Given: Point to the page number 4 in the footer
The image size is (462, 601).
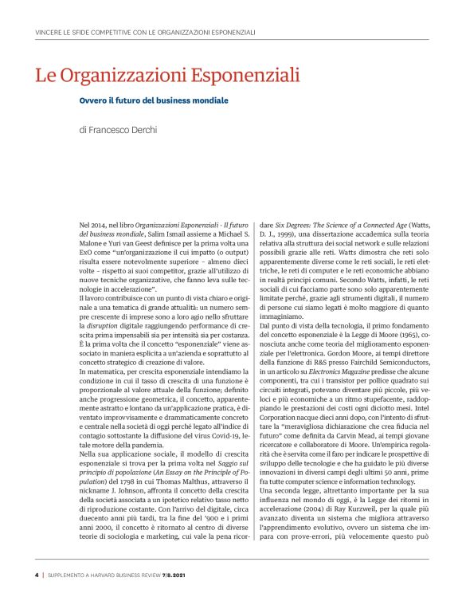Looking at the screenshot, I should (x=37, y=574).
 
